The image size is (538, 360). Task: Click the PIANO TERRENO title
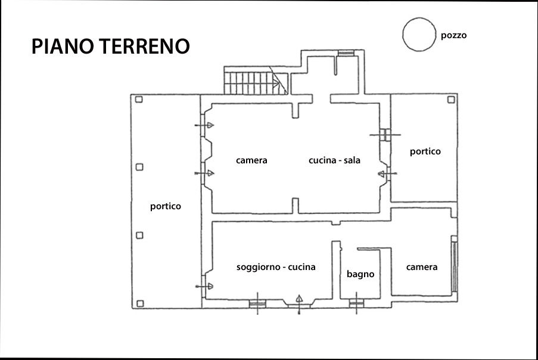coord(110,46)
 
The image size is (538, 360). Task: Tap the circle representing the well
coord(419,19)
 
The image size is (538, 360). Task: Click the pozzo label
coord(453,36)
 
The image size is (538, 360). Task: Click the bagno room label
coord(360,274)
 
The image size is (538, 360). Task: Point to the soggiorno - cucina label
coord(276,267)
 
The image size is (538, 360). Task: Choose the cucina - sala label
coord(334,160)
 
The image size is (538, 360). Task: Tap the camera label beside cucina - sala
coord(251,160)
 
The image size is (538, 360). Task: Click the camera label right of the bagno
coord(422,267)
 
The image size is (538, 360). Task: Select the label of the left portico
coord(166,206)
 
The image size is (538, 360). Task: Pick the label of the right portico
coord(425,151)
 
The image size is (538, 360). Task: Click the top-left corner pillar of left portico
coord(139,100)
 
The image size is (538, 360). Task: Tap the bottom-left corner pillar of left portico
coord(140,303)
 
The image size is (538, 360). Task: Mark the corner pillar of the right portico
coord(451,100)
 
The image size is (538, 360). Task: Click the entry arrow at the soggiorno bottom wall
coord(299,304)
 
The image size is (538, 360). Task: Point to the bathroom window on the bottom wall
coord(356,303)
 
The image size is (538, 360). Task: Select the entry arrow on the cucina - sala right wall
coord(387,174)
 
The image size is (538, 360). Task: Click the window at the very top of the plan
coord(346,53)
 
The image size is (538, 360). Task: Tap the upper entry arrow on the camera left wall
coord(204,125)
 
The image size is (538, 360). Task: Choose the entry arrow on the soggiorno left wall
coord(204,286)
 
